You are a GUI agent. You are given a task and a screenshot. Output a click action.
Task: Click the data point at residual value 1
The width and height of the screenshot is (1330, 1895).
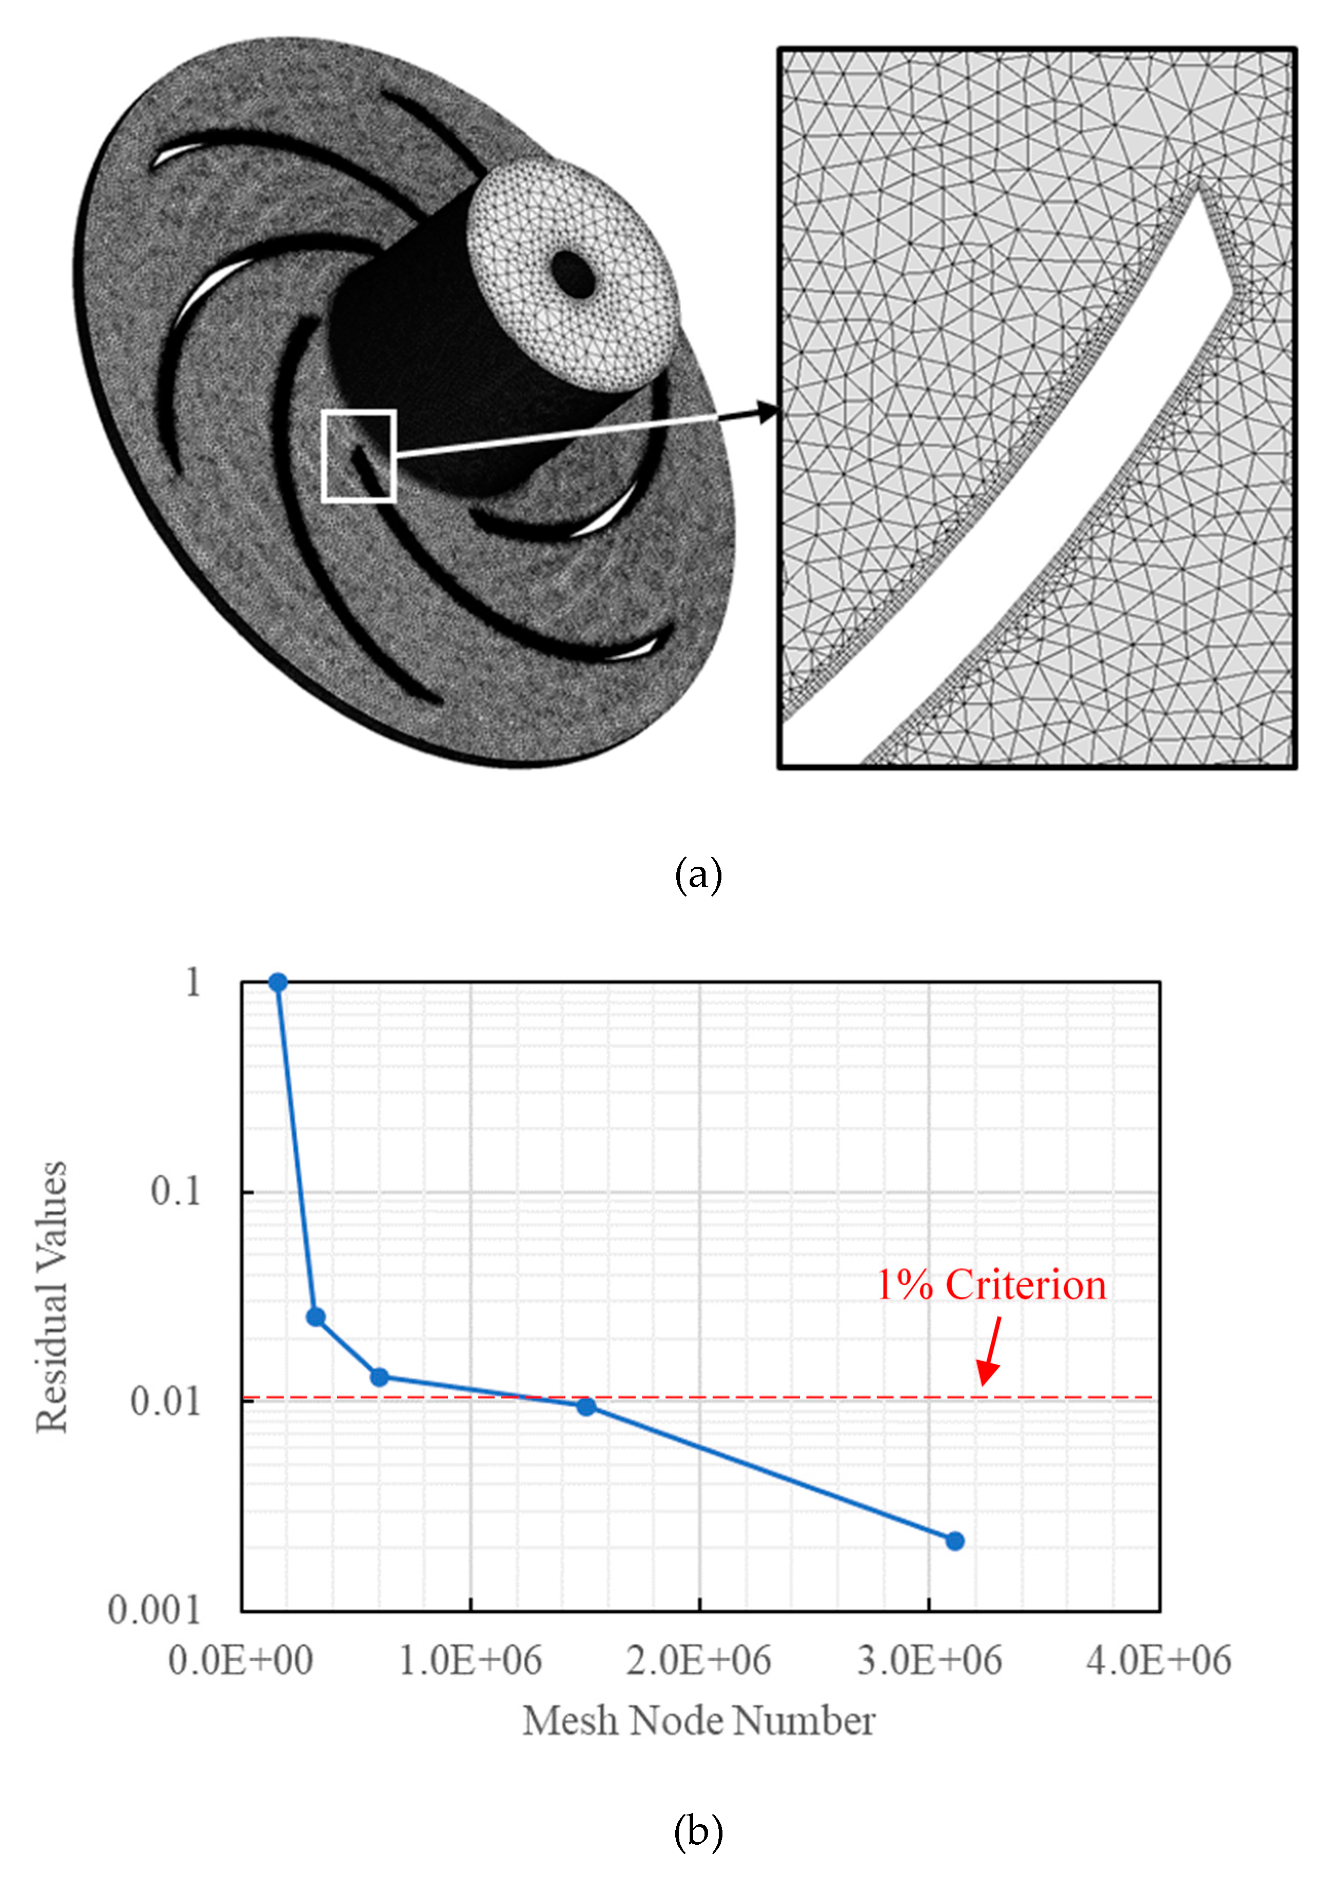[278, 982]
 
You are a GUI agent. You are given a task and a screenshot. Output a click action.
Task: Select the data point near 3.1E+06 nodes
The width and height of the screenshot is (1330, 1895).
[954, 1541]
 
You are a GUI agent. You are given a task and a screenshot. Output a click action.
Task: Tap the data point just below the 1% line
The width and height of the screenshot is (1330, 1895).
[586, 1406]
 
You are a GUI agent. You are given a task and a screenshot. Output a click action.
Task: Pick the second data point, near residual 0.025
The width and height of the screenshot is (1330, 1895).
[316, 1317]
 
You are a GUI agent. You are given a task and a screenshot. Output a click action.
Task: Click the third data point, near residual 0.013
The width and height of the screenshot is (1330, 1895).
[379, 1377]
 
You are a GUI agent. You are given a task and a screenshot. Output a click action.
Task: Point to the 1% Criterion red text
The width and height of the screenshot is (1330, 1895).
[991, 1285]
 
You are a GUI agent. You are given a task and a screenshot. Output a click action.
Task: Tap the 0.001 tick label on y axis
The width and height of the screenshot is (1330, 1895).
[154, 1610]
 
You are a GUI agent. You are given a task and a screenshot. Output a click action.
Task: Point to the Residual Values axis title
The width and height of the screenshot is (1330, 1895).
[51, 1296]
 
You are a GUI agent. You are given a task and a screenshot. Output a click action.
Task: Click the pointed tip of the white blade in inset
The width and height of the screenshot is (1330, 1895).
[1232, 290]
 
